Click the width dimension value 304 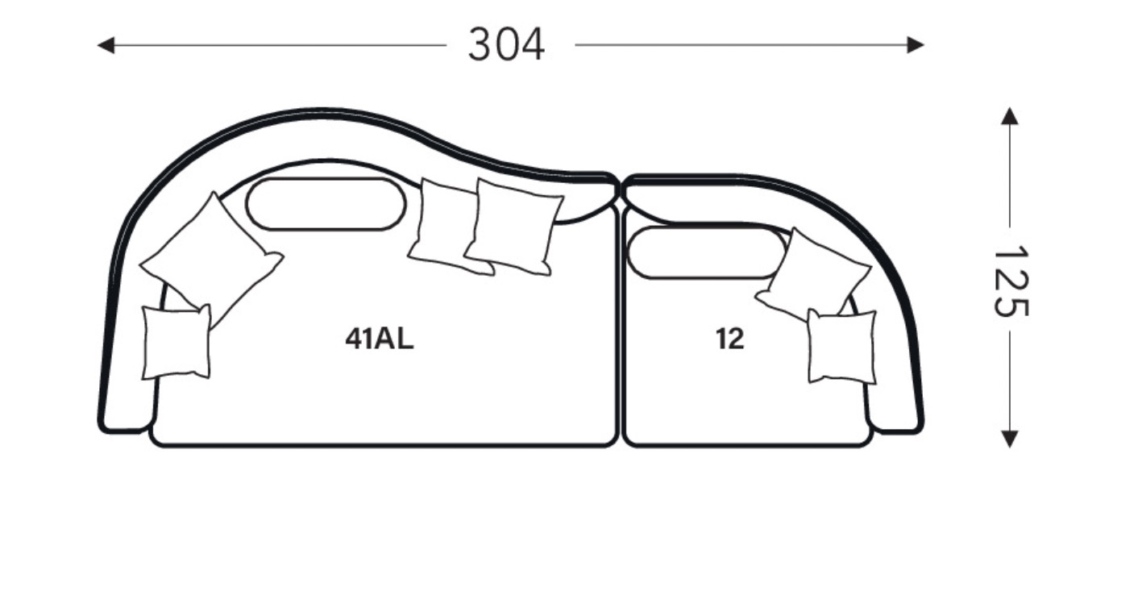pyautogui.click(x=506, y=44)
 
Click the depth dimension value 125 pyautogui.click(x=1011, y=281)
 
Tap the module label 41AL pyautogui.click(x=380, y=339)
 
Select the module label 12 pyautogui.click(x=730, y=339)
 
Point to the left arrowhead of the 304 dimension pyautogui.click(x=106, y=45)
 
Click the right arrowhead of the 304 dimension pyautogui.click(x=915, y=44)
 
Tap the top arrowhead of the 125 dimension pyautogui.click(x=1010, y=116)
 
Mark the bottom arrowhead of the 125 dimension pyautogui.click(x=1010, y=439)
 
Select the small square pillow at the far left pyautogui.click(x=177, y=342)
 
